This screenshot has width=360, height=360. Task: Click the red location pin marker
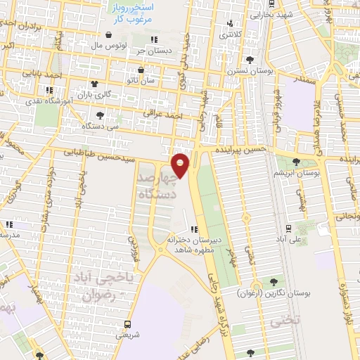tap(181, 166)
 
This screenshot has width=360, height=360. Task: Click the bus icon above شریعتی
tap(127, 324)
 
